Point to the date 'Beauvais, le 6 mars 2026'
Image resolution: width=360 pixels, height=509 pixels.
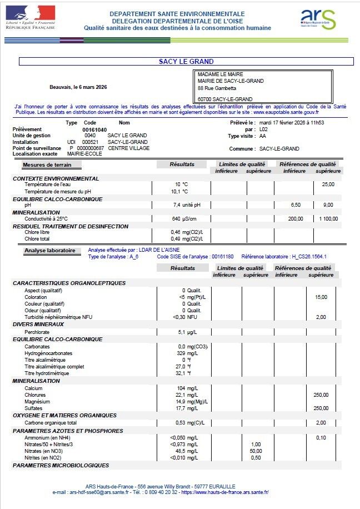tap(78, 87)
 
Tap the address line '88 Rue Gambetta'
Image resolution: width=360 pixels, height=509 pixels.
tap(217, 88)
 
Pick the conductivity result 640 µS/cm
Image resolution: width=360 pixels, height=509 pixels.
tap(182, 219)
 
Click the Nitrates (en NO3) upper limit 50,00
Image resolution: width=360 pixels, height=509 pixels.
tap(256, 451)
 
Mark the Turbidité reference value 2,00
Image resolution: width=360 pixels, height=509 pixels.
tap(321, 317)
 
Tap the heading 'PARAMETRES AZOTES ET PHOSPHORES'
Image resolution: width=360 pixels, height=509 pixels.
tap(68, 431)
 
